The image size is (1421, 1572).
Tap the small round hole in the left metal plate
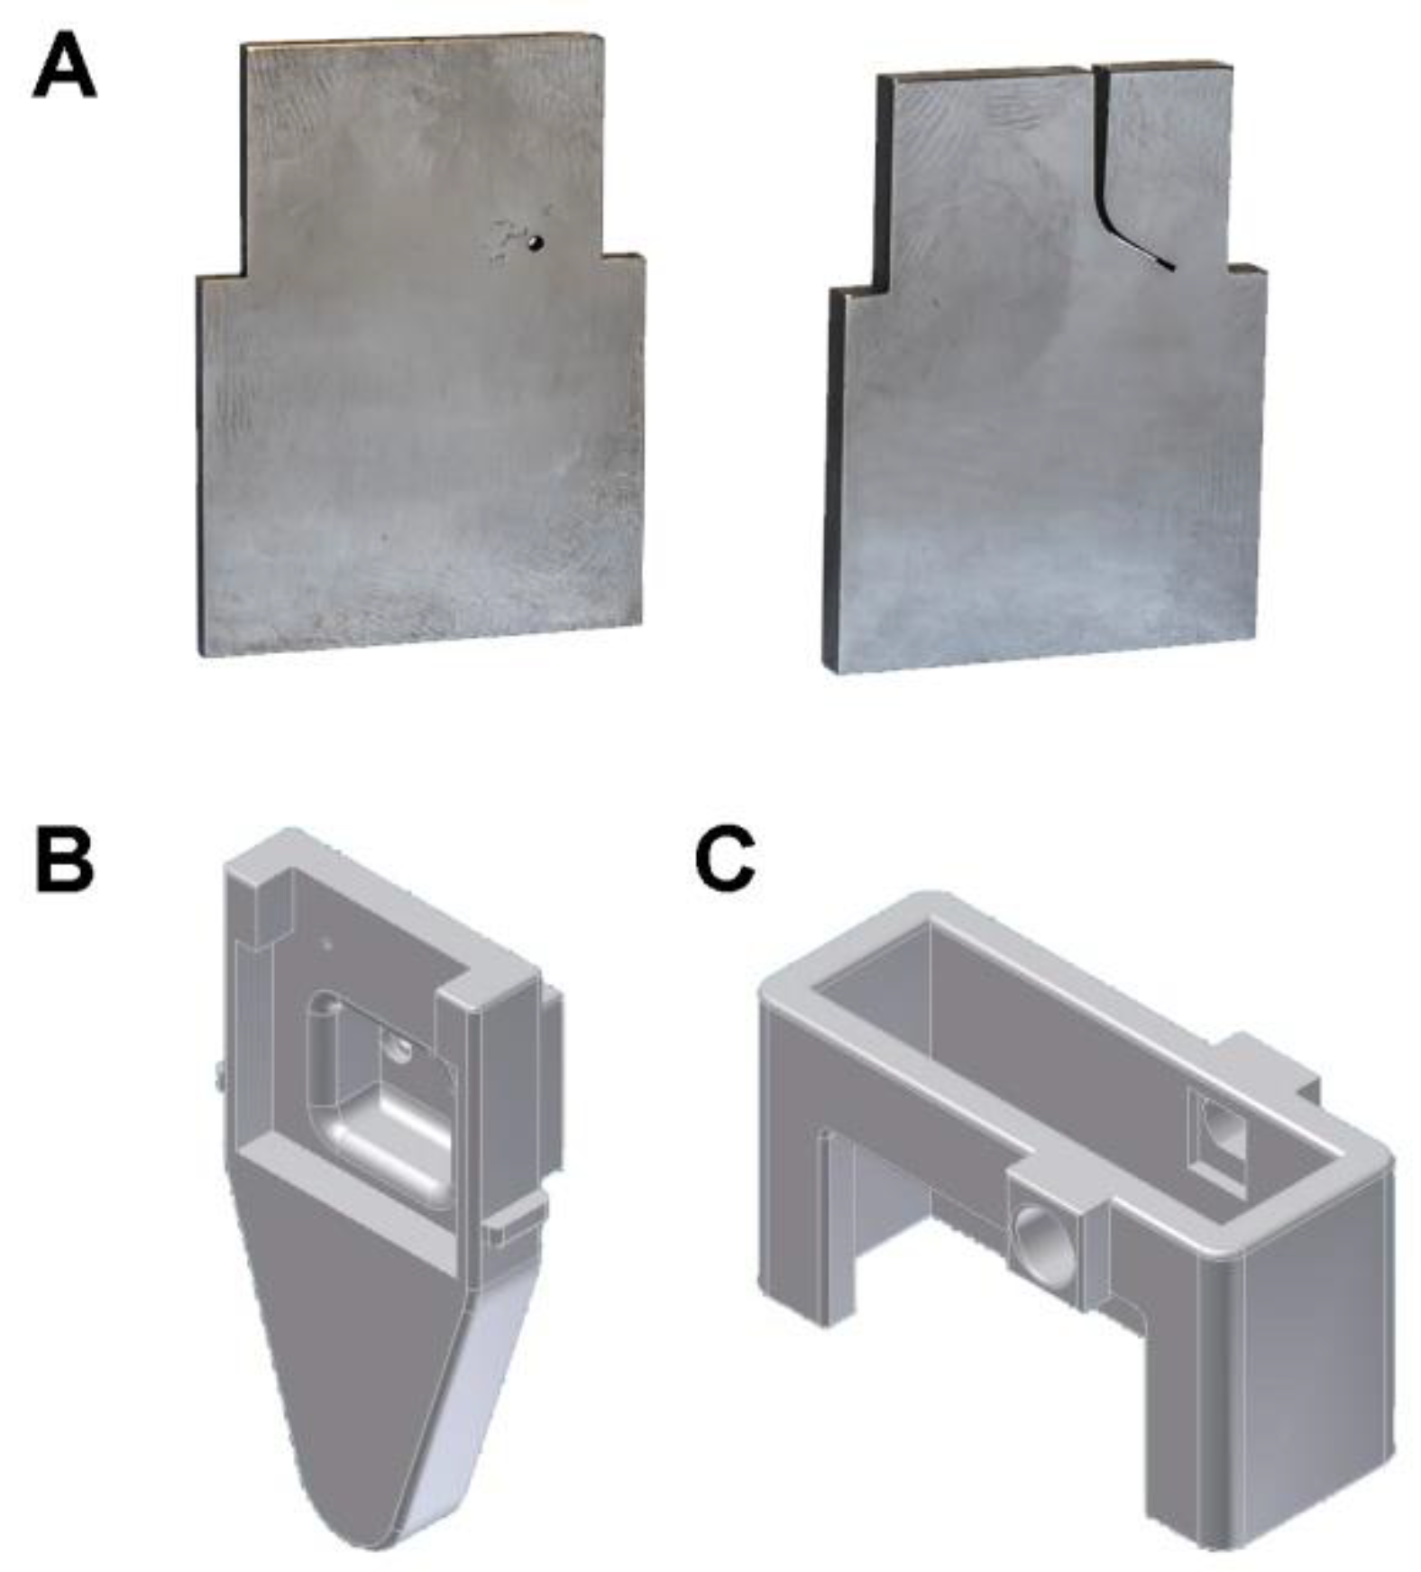(536, 242)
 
